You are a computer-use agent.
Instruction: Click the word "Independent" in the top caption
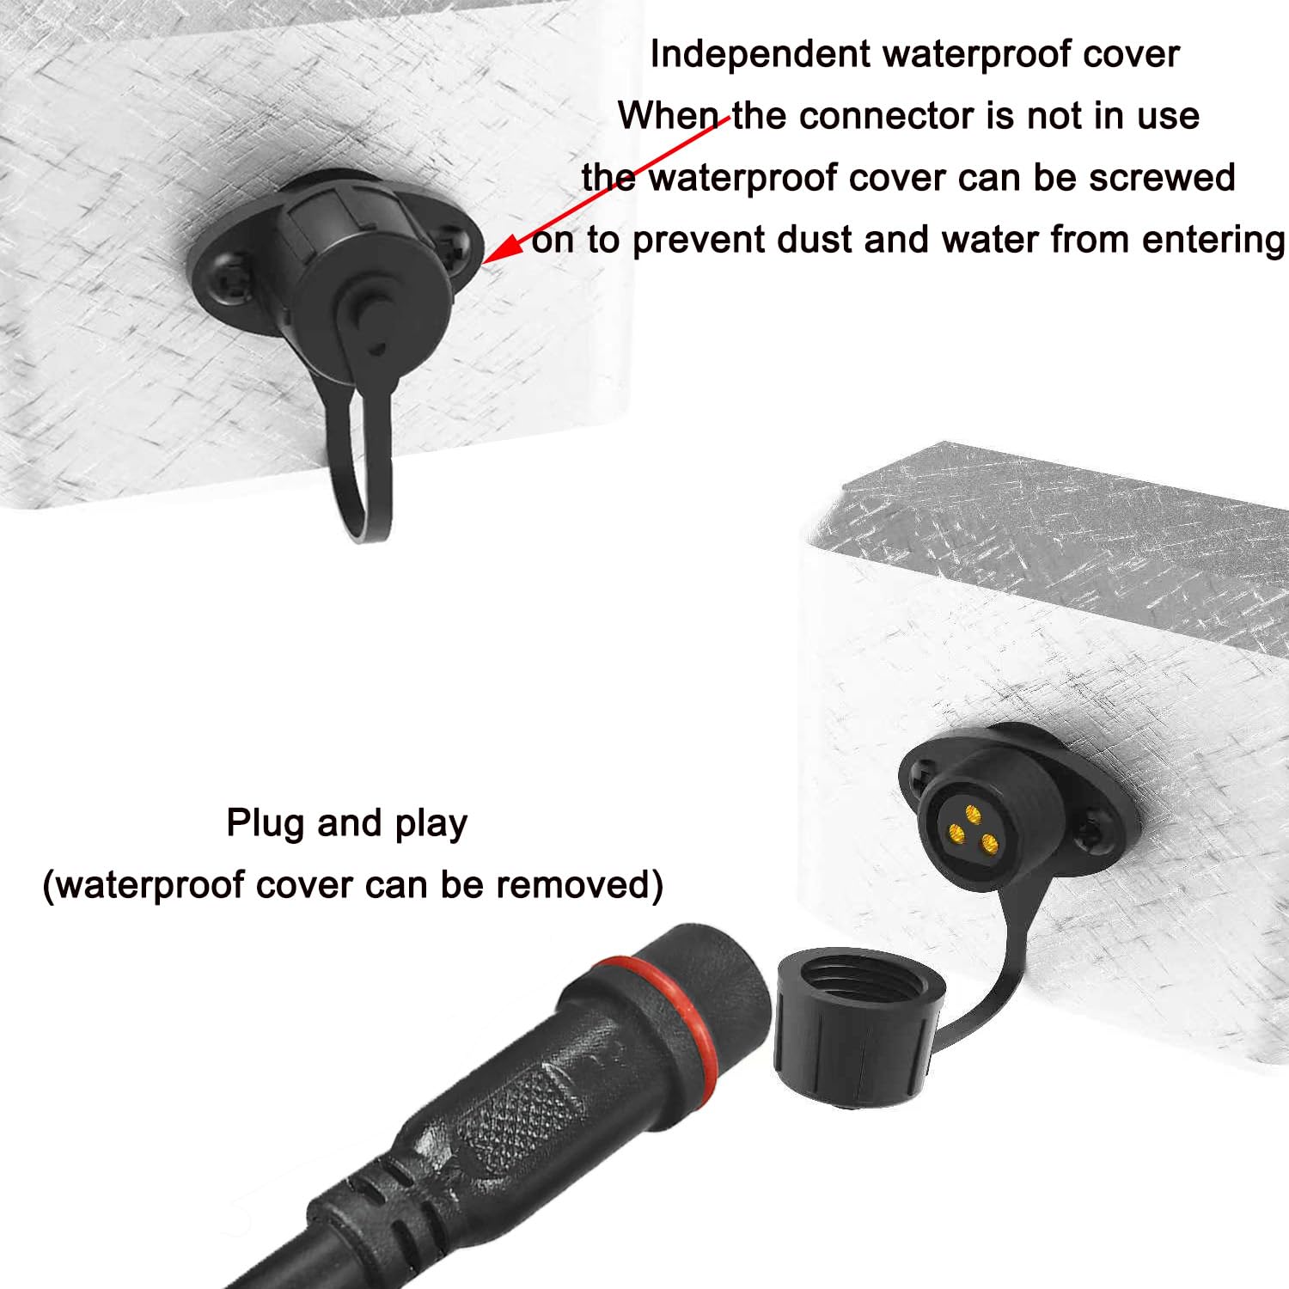[760, 54]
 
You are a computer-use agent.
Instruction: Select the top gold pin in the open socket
[973, 813]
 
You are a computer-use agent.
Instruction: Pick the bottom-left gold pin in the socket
[956, 832]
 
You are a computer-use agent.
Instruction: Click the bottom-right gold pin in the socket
[989, 843]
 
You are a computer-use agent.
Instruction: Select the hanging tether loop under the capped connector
[359, 481]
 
